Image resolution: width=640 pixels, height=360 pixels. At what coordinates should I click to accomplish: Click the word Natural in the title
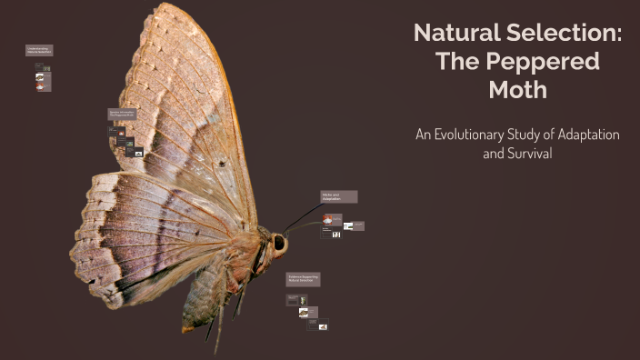[x=453, y=33]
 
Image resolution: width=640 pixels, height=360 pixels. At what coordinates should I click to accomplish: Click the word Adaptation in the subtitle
[x=585, y=135]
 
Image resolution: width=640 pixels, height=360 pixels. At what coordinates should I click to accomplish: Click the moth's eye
[x=279, y=244]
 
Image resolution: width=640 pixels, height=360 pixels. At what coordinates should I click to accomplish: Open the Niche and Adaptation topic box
[x=338, y=196]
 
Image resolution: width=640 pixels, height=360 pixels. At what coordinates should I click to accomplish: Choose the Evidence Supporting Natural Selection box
[x=305, y=278]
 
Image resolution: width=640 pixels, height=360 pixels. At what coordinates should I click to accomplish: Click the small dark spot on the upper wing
[x=221, y=165]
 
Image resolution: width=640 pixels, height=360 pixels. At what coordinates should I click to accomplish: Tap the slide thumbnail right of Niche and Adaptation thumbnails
[x=357, y=225]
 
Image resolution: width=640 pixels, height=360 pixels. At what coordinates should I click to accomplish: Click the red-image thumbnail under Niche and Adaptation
[x=334, y=219]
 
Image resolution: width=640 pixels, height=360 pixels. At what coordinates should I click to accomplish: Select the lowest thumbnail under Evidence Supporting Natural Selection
[x=322, y=326]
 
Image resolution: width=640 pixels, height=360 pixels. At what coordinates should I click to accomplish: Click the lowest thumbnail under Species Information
[x=139, y=153]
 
